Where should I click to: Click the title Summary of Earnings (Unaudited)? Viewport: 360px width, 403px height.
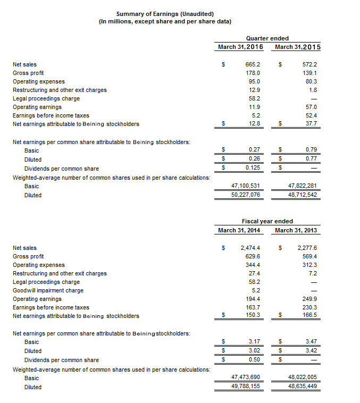165,13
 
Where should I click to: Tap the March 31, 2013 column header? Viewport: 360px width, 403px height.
297,230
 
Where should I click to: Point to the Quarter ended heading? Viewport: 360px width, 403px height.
267,38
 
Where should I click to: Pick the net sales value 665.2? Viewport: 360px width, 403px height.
253,64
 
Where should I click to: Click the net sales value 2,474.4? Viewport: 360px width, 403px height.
250,248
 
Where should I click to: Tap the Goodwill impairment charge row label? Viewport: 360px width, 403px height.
48,290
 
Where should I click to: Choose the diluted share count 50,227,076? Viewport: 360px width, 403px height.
245,195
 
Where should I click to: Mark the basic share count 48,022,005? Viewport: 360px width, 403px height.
302,378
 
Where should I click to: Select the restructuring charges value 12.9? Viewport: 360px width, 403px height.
254,90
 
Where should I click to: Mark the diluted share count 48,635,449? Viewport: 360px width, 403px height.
302,387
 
